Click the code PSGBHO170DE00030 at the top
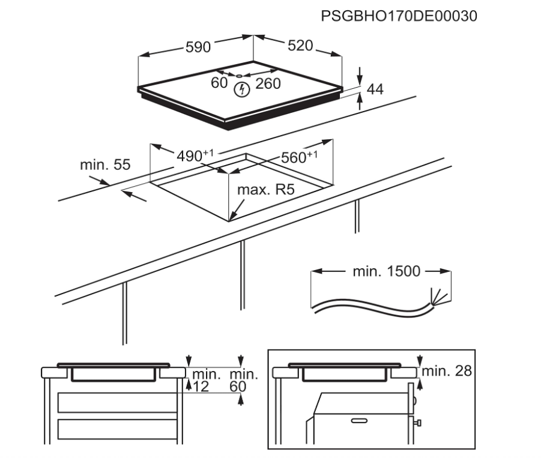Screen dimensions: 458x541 point(399,16)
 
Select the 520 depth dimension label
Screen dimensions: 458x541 point(300,46)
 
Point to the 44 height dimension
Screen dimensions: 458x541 point(375,89)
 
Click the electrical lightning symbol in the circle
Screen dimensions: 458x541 point(241,90)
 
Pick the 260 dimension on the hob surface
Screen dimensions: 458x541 point(268,84)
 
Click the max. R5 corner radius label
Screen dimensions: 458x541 point(265,190)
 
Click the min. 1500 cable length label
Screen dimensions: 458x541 point(378,271)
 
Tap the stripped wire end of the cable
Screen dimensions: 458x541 point(437,295)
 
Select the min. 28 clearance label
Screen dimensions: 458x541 point(447,372)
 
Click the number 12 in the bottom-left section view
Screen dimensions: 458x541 point(201,387)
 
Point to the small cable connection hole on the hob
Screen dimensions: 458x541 point(239,76)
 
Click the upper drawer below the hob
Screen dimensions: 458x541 point(116,403)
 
